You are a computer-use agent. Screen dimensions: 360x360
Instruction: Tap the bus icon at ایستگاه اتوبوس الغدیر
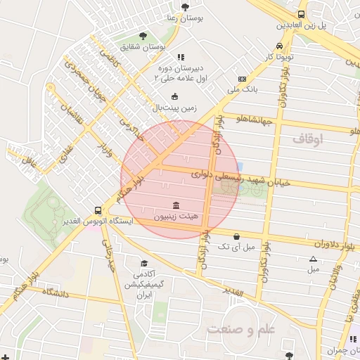[98, 210]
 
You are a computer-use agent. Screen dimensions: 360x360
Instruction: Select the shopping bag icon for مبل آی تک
[236, 236]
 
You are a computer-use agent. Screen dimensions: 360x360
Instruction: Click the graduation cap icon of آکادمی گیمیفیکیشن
[144, 263]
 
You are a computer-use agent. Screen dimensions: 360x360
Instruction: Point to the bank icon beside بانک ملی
[243, 79]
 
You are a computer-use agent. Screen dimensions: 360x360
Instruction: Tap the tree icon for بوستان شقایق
[143, 36]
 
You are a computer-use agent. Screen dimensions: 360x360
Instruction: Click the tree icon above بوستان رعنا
[185, 7]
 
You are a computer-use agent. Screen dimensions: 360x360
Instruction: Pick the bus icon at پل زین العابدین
[301, 14]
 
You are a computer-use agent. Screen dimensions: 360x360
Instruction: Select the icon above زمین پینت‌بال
[174, 97]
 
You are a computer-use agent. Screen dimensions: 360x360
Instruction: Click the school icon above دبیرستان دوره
[181, 57]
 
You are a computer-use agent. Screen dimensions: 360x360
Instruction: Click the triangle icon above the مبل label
[313, 258]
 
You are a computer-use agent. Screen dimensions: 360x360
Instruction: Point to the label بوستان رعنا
[186, 18]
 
